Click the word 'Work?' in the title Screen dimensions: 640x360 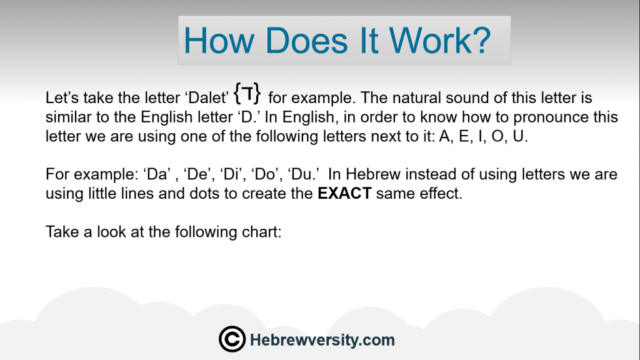click(x=440, y=40)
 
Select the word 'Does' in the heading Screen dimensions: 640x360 click(x=307, y=40)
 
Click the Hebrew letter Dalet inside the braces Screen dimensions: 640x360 click(x=247, y=93)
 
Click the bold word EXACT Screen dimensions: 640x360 click(x=344, y=193)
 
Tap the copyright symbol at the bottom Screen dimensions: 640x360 click(x=232, y=339)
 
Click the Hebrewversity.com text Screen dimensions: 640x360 click(x=322, y=339)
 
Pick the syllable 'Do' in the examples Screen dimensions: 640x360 click(x=264, y=174)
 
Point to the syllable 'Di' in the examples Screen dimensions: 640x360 click(x=231, y=174)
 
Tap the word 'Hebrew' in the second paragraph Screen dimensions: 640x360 click(x=373, y=174)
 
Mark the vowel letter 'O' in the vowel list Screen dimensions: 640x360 click(x=497, y=136)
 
